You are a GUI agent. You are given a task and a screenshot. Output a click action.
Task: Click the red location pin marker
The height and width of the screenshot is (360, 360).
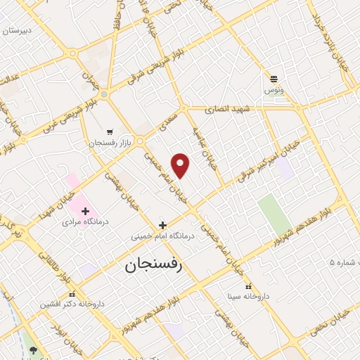pos(181,165)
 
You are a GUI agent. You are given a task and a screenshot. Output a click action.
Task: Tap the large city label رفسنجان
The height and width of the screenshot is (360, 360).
pos(153,265)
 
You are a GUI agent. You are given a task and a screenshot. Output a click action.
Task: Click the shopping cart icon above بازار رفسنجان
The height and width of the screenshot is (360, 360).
pos(109,131)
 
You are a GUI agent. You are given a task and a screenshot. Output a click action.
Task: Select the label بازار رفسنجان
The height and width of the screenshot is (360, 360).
pos(105,143)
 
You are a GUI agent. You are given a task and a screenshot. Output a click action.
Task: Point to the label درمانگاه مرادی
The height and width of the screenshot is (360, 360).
pos(67,221)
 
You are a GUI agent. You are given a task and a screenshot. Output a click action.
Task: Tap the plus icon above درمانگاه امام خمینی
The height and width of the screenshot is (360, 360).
pos(162,226)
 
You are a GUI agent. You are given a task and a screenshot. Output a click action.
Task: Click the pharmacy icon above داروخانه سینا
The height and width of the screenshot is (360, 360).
pos(247,286)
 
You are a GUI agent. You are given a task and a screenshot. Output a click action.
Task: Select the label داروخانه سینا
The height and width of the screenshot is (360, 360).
pos(247,297)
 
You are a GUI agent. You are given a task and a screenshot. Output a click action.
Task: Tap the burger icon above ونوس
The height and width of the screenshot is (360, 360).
pos(274,79)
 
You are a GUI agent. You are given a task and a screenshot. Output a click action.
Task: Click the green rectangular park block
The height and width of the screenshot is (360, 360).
pos(271,214)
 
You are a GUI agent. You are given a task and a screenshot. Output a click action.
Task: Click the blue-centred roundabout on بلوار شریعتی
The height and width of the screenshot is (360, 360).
pos(104,93)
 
